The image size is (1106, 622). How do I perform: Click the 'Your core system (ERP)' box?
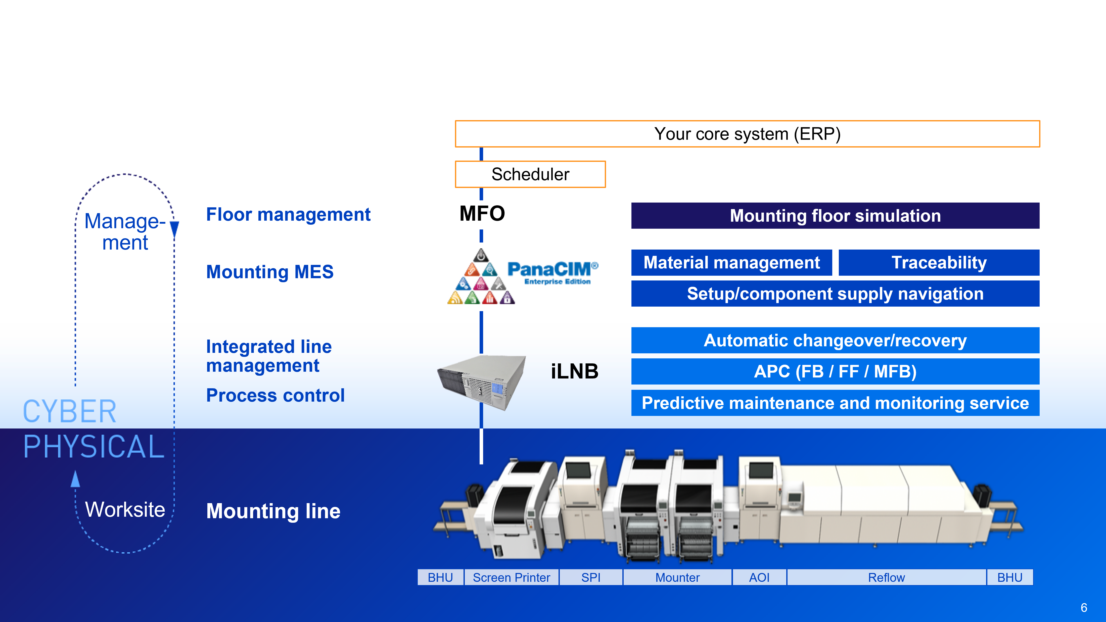(x=747, y=134)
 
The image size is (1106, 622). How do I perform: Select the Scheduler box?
(x=530, y=174)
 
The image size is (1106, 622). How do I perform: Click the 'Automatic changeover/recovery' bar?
(x=835, y=341)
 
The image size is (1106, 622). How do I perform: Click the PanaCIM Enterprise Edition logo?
(x=526, y=276)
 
